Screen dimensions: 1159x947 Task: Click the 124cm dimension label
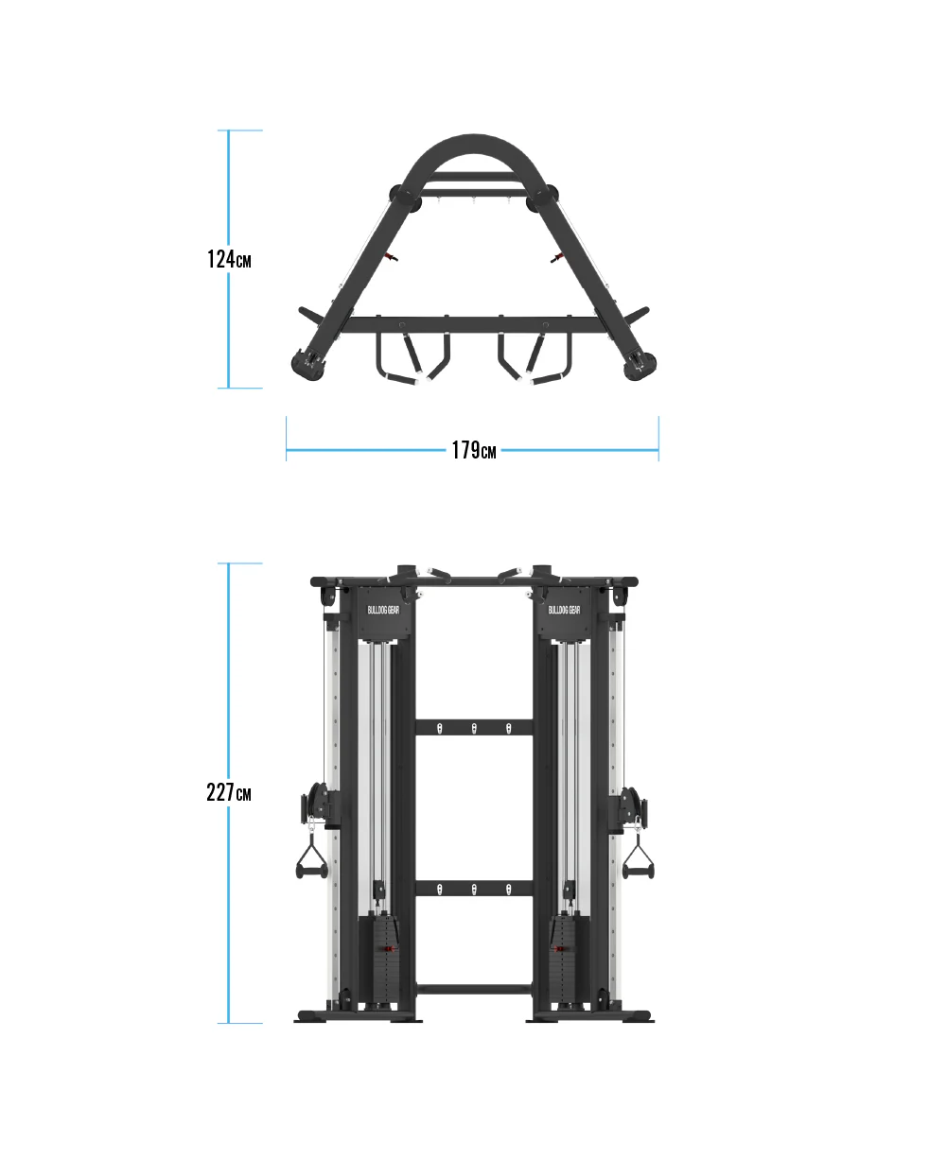pyautogui.click(x=229, y=259)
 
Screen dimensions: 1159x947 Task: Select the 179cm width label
pyautogui.click(x=473, y=451)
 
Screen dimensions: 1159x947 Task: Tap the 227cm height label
pyautogui.click(x=229, y=792)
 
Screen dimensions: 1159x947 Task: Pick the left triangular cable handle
pyautogui.click(x=311, y=859)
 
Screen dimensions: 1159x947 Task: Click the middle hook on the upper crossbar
pyautogui.click(x=474, y=728)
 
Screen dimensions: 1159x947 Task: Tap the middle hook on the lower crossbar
pyautogui.click(x=474, y=889)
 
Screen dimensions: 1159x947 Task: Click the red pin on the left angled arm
pyautogui.click(x=392, y=256)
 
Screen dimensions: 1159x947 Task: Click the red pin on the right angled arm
pyautogui.click(x=555, y=256)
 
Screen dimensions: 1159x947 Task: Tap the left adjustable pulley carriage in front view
pyautogui.click(x=318, y=806)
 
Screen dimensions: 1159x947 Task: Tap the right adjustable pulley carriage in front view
pyautogui.click(x=630, y=806)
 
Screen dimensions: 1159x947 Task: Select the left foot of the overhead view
pyautogui.click(x=307, y=366)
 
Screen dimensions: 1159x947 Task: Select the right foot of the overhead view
pyautogui.click(x=640, y=366)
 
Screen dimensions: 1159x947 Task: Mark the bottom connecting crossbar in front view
pyautogui.click(x=474, y=989)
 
